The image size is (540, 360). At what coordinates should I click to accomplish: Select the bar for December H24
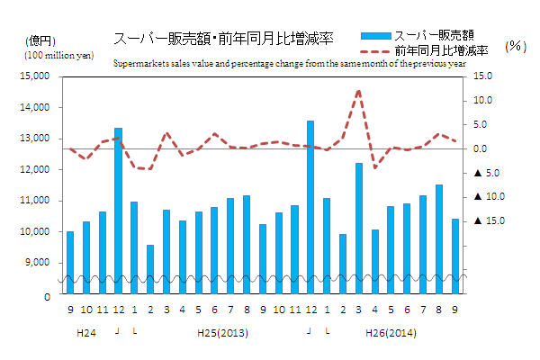tap(118, 207)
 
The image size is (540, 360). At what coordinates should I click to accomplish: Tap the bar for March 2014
tap(358, 225)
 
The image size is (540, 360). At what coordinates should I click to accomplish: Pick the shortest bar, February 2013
tap(150, 266)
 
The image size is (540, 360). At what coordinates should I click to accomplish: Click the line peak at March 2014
tap(358, 91)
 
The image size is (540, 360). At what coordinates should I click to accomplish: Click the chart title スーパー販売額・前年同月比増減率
tap(223, 39)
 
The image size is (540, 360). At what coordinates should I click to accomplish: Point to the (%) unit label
tap(516, 45)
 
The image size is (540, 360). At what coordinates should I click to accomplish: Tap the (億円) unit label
tap(40, 41)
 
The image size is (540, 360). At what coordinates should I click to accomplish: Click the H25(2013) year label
tap(222, 332)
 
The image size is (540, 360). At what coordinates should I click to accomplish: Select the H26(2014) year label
tap(391, 332)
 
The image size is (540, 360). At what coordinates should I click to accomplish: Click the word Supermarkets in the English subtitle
tap(139, 64)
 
